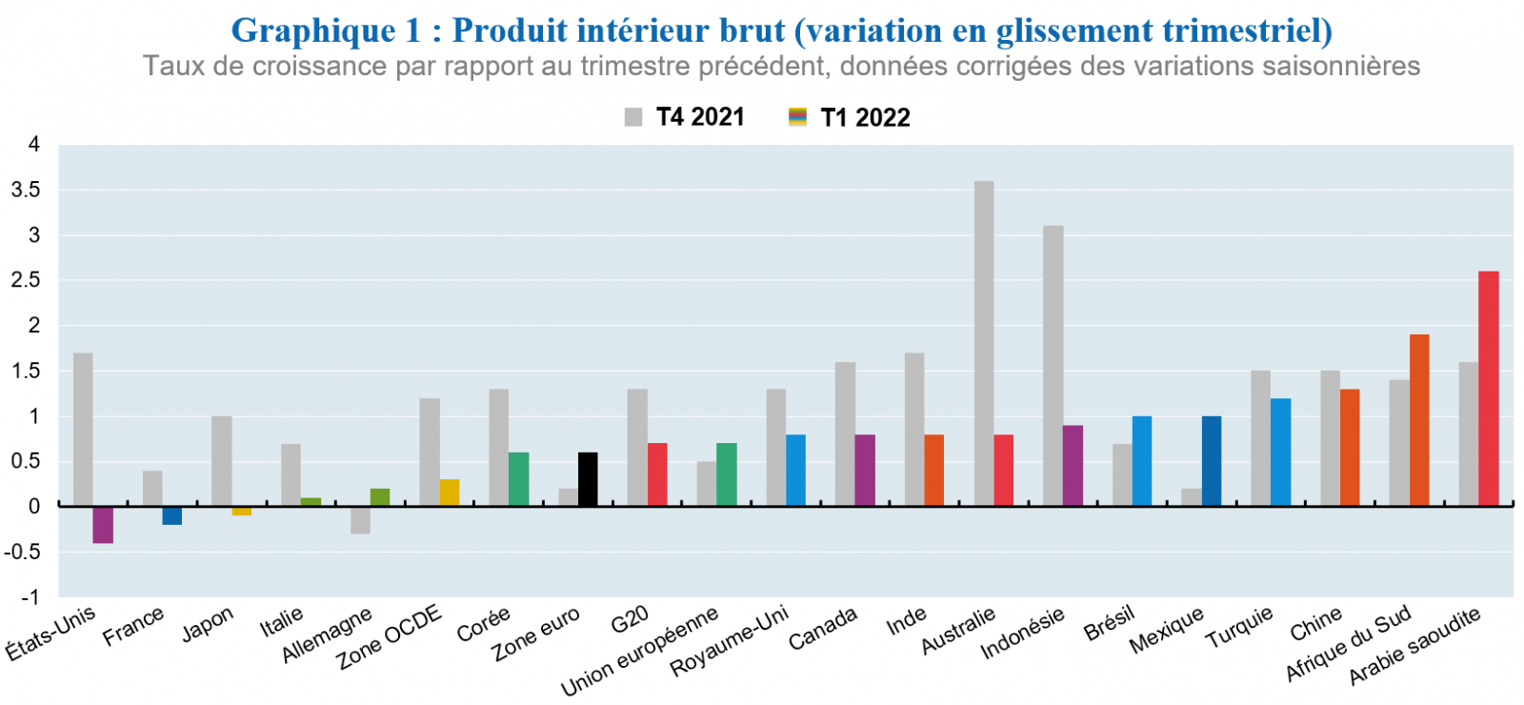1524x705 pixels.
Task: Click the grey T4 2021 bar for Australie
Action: (x=984, y=343)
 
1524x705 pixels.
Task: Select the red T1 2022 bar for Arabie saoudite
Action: (x=1488, y=389)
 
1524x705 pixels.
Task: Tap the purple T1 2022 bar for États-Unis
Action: (x=103, y=525)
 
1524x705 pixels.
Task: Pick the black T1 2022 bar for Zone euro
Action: (x=588, y=479)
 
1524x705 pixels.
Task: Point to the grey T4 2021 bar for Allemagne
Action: (x=360, y=520)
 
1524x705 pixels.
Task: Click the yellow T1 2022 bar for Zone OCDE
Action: (x=449, y=493)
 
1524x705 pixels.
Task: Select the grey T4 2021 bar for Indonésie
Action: (x=1053, y=366)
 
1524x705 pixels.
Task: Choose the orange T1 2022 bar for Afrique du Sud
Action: (x=1419, y=420)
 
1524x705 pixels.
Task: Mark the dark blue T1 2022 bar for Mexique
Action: (x=1212, y=461)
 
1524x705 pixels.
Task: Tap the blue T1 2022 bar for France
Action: (x=172, y=515)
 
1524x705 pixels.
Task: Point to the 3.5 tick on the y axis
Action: (x=26, y=190)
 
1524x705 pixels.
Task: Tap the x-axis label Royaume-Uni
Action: (x=730, y=640)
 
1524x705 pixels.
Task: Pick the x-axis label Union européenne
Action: (x=639, y=652)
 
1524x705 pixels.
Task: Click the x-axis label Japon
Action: (x=208, y=625)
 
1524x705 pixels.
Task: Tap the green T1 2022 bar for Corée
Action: (x=518, y=479)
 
